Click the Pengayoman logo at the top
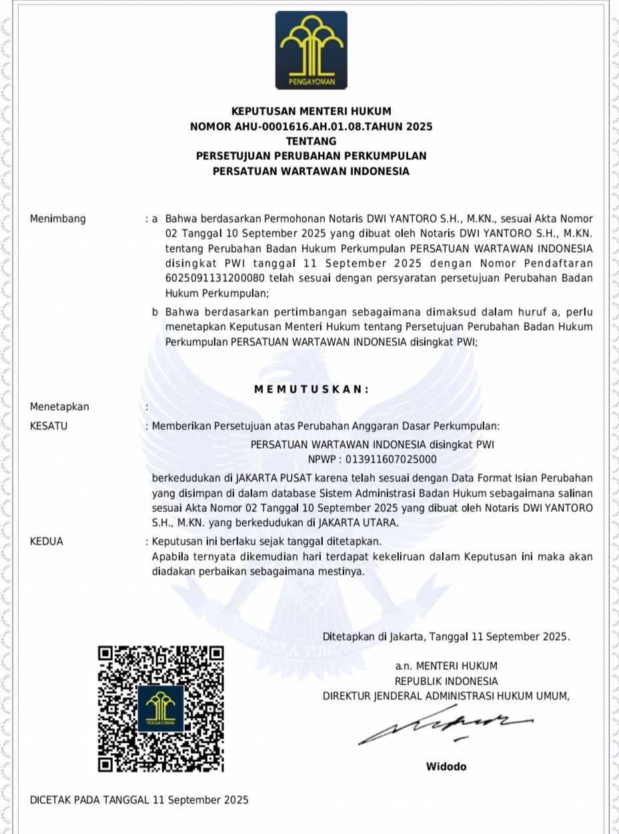(311, 50)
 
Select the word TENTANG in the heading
(311, 141)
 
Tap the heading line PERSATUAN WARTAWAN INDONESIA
(311, 171)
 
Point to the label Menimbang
(58, 219)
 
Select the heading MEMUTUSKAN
(311, 389)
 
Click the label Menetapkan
(59, 407)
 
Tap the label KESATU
(49, 426)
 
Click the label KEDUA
(47, 541)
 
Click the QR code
(161, 709)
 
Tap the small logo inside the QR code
(161, 708)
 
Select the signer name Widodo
(446, 766)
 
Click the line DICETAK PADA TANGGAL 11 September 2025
(139, 800)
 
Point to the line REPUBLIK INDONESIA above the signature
(446, 681)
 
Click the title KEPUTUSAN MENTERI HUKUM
(311, 111)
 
